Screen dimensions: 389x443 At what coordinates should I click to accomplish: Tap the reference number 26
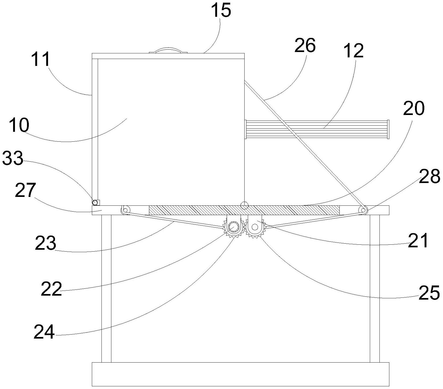coord(305,46)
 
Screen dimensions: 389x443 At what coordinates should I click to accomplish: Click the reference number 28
coord(429,176)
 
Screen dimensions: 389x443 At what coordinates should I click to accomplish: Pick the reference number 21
coord(418,240)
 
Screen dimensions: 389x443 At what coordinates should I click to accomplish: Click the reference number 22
coord(51,289)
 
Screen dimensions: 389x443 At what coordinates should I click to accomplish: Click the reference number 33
coord(13,158)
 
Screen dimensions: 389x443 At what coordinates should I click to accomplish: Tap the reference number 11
coord(40,59)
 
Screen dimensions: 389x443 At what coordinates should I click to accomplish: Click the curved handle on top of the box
coord(168,50)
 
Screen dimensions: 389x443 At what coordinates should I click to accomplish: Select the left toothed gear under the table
coord(234,227)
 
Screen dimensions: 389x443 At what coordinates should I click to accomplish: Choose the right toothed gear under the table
coord(254,228)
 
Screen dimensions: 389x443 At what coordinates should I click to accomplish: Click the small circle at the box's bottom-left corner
coord(94,202)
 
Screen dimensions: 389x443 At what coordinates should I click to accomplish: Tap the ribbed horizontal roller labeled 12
coord(317,129)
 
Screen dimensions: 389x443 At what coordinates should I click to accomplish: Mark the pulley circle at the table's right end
coord(363,210)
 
